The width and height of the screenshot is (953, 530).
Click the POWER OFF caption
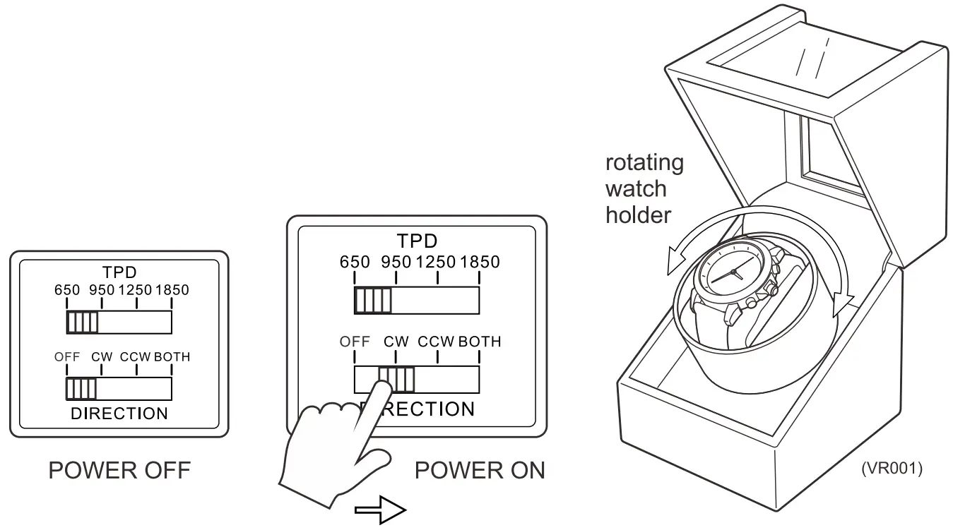coord(119,471)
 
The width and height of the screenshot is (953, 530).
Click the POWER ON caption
coord(479,471)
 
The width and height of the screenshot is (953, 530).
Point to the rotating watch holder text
coord(644,188)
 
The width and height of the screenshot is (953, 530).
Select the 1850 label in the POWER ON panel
coord(479,263)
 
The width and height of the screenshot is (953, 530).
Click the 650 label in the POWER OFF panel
coord(67,290)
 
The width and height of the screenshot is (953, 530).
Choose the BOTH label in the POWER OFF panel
coord(172,356)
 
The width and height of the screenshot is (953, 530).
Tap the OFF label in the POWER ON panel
coord(355,342)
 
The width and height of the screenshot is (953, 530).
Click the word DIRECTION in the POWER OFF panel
coord(119,414)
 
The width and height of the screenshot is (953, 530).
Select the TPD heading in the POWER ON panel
coord(416,242)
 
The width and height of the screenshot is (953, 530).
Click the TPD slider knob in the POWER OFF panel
coord(83,323)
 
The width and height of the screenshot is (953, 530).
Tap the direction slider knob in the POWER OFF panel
coord(81,389)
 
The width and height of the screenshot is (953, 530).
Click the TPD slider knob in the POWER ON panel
coord(373,301)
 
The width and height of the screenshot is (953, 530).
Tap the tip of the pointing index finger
coord(381,387)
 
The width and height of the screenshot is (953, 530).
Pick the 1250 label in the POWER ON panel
coord(437,263)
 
